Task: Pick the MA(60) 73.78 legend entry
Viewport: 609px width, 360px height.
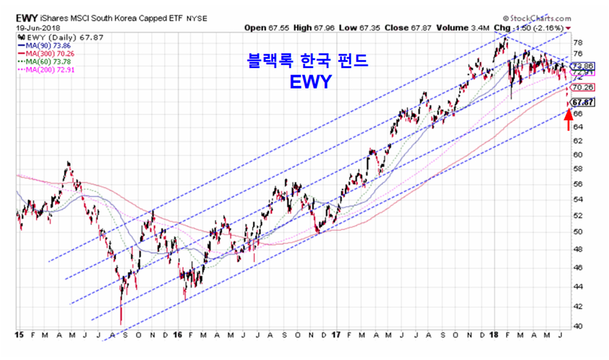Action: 40,61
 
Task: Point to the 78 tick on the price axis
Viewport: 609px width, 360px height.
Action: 577,43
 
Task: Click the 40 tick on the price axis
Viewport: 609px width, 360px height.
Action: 577,325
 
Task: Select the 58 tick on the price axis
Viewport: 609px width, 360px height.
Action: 577,169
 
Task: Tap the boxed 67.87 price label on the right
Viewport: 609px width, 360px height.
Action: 582,102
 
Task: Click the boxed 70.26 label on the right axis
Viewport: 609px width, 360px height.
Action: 581,87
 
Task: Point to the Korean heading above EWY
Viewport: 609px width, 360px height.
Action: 307,61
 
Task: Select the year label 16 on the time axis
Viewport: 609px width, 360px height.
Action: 178,335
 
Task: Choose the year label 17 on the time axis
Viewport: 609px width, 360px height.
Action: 336,335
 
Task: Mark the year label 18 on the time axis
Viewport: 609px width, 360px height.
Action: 494,335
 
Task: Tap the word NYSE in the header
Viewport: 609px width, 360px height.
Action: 197,18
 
